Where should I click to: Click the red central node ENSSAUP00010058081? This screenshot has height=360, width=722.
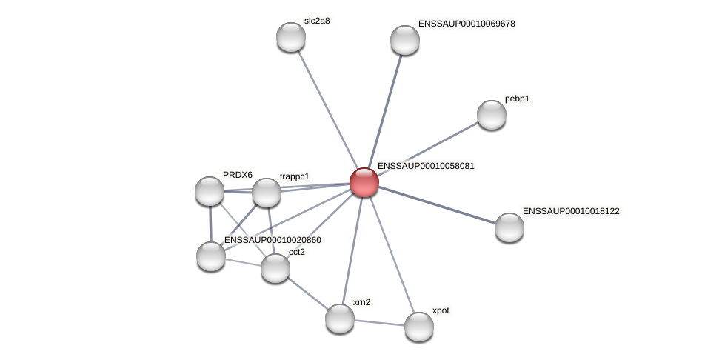(364, 182)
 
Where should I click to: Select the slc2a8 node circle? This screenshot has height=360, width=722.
(291, 37)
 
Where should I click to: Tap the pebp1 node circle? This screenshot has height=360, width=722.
(491, 115)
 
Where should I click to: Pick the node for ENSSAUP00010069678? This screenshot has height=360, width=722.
(405, 40)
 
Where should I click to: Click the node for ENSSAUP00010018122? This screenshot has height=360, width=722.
(509, 227)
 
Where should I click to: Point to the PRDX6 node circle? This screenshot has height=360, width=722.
(210, 191)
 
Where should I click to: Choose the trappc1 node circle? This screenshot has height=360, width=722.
(267, 193)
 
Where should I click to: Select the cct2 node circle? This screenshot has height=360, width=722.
(275, 268)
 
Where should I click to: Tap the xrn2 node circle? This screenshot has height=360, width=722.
(340, 319)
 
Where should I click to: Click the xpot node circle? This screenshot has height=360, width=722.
(419, 327)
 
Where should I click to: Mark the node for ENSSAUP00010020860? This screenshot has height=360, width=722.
(211, 256)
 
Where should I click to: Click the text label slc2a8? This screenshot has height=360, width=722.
(317, 21)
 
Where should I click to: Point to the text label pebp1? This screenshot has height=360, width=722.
(518, 99)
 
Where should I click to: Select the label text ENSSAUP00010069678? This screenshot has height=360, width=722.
(467, 24)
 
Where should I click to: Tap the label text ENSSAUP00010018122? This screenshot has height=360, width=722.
(571, 211)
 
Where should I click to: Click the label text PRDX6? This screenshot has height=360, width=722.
(238, 175)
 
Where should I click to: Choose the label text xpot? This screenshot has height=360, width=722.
(441, 310)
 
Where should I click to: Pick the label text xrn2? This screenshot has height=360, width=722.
(361, 302)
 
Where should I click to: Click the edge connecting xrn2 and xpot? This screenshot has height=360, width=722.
(379, 323)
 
